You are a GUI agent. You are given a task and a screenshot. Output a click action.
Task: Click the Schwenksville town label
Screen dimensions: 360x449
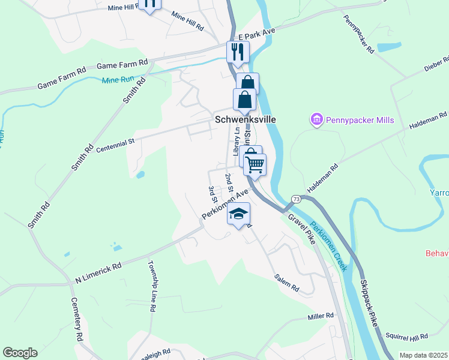pos(246,119)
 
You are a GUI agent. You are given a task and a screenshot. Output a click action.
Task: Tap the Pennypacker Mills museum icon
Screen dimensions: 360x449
pos(316,120)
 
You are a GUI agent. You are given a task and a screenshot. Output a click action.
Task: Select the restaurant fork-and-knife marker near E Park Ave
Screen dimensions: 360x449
pos(238,52)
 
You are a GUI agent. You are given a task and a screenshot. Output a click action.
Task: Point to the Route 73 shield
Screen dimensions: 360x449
pos(296,199)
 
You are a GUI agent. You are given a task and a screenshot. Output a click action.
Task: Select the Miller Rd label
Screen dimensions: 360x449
pos(321,316)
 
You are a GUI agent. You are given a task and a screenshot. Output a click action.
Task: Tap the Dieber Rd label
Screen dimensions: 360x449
pos(436,64)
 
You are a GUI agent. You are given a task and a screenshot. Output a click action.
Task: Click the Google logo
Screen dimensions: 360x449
pos(20,353)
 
